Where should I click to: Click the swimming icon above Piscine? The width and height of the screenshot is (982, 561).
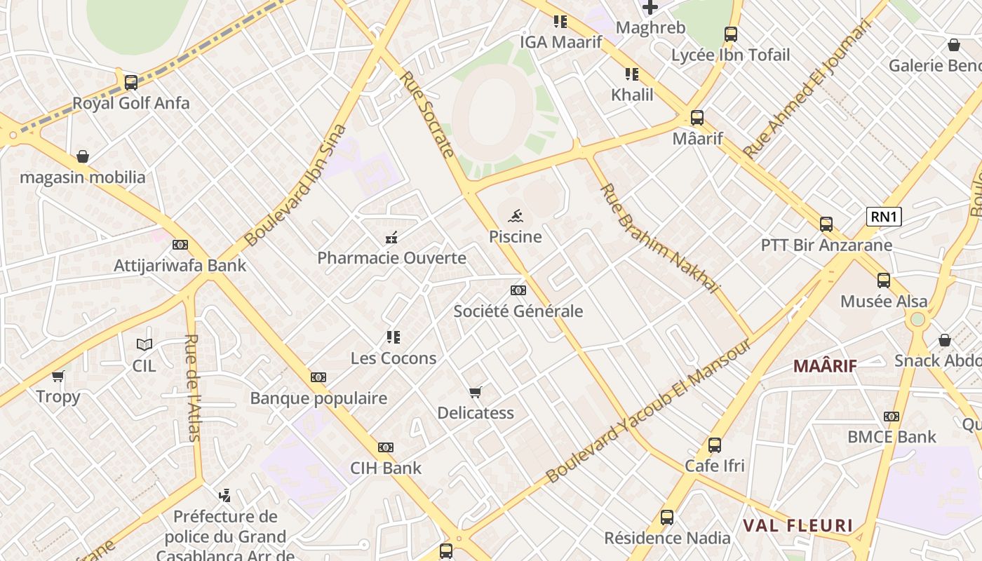[516, 216]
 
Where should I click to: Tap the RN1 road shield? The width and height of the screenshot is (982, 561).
[884, 217]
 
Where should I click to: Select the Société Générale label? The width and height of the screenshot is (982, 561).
[518, 311]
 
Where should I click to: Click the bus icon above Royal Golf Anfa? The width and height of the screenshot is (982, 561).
[131, 82]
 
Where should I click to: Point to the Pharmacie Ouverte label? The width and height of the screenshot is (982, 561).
[391, 258]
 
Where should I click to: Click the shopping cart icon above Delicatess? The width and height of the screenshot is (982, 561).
[476, 392]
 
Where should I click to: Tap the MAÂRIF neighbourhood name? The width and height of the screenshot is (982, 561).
[826, 365]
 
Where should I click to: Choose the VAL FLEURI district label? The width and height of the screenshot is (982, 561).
[798, 526]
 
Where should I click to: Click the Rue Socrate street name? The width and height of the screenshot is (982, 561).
[427, 114]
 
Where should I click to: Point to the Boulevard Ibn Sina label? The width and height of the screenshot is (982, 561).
[296, 185]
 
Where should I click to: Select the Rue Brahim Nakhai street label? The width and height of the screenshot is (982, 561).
[660, 238]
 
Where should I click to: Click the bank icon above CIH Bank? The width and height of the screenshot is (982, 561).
[386, 447]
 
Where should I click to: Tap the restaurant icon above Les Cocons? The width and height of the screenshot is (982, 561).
[394, 337]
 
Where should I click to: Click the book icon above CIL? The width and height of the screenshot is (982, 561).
[144, 344]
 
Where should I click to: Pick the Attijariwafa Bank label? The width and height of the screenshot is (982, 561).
[180, 266]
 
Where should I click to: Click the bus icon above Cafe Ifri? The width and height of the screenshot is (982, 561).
[715, 445]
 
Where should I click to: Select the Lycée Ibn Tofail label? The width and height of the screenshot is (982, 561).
[730, 55]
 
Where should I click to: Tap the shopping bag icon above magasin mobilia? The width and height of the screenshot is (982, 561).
[83, 156]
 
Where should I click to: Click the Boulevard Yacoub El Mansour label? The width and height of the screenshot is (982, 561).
[649, 412]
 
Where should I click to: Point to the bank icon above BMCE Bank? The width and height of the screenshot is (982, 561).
[892, 417]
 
